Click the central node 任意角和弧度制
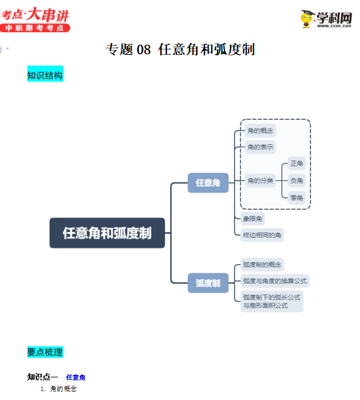coord(107,233)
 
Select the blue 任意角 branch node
coord(208,183)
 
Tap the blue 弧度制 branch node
coord(208,283)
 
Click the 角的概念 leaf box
coord(260,131)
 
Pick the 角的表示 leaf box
coord(260,147)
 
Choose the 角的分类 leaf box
coord(260,181)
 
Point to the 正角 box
coord(297,163)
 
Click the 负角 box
coord(297,181)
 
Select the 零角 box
coord(297,197)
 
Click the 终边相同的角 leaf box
coord(262,235)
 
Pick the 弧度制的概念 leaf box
coord(262,265)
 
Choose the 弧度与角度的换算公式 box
coord(275,281)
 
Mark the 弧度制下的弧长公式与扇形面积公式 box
coord(272,301)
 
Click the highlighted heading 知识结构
coord(45,76)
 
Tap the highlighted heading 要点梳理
coord(45,352)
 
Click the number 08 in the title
coord(144,50)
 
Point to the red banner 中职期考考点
coord(35,28)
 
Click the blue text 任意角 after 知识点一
coord(76,377)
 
